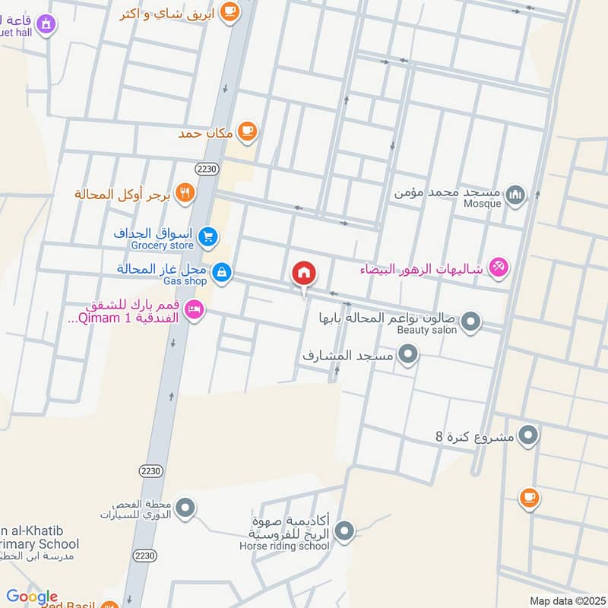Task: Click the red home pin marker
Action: [x=303, y=273]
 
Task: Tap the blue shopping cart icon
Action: [x=207, y=239]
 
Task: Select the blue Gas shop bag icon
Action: [x=221, y=272]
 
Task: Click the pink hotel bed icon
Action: [x=195, y=312]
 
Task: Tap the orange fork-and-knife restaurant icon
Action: [x=184, y=194]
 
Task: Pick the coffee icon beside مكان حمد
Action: [x=246, y=132]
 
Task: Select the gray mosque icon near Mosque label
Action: [x=516, y=196]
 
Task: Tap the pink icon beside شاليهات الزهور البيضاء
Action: [x=499, y=268]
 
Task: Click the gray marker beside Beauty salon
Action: [x=471, y=322]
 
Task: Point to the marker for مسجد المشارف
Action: [x=409, y=354]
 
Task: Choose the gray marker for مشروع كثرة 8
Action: [x=529, y=435]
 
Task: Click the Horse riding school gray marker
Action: [x=345, y=531]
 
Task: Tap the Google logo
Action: [x=32, y=597]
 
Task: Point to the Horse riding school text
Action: [x=285, y=546]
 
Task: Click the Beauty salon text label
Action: [x=427, y=330]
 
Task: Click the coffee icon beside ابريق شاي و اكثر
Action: [x=231, y=11]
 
